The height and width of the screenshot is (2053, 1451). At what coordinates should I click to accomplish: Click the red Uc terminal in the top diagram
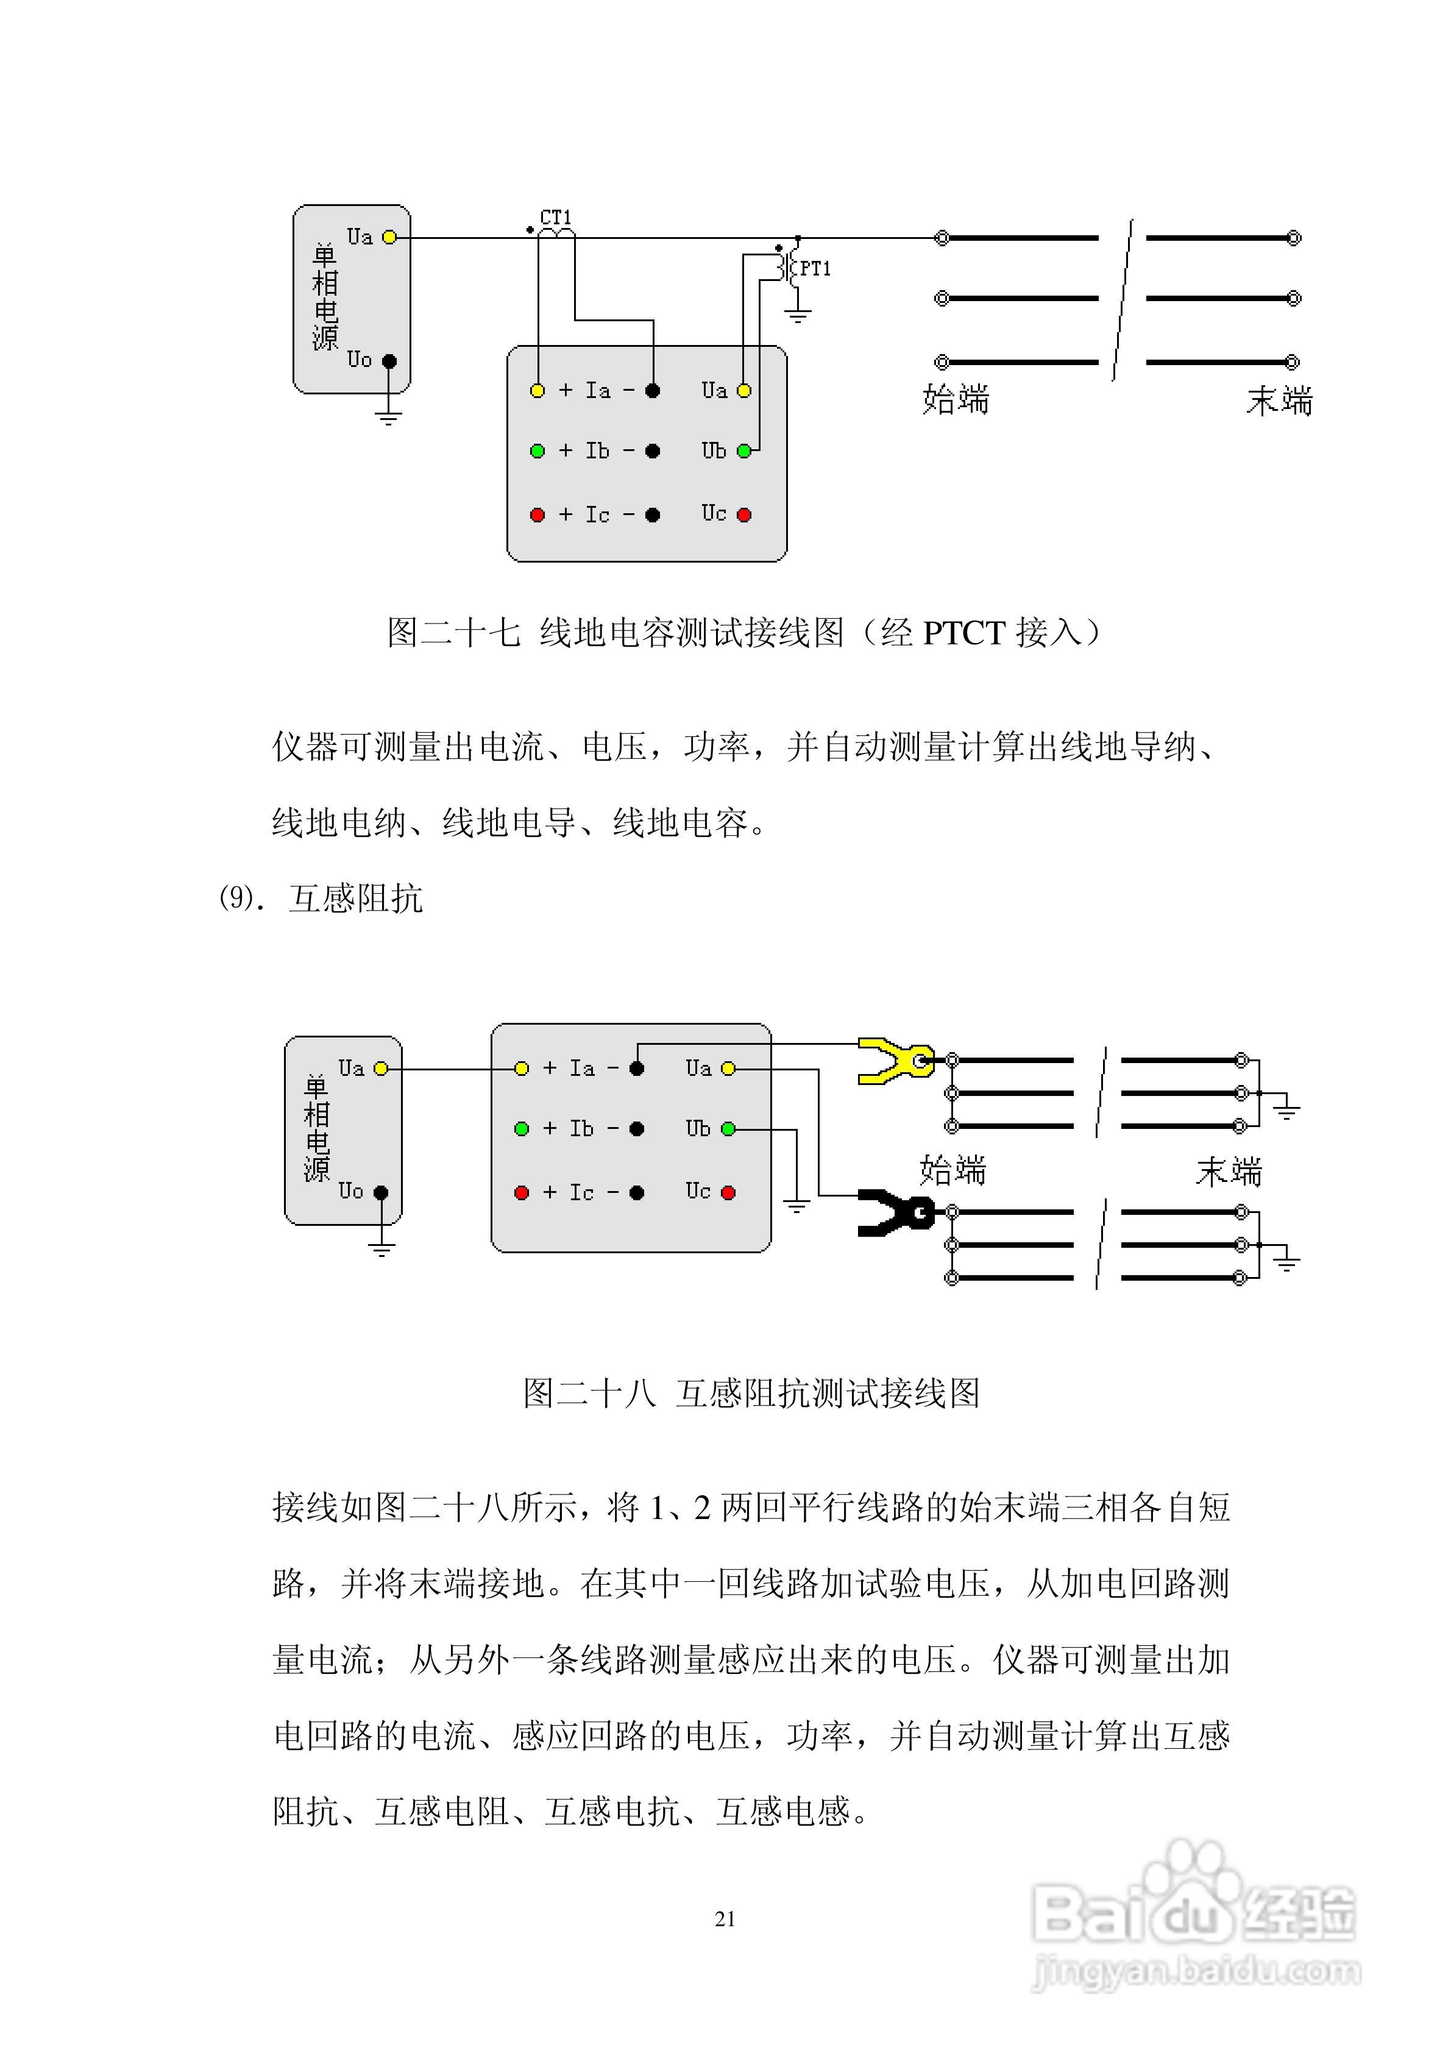(x=744, y=515)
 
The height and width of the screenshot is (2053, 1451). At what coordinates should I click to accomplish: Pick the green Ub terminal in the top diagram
(x=744, y=450)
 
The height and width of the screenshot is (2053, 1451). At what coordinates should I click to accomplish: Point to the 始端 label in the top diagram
(x=955, y=399)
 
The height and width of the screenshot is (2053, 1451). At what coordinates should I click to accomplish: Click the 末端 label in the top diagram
(x=1279, y=400)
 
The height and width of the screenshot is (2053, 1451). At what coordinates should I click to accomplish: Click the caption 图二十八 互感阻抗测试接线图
(x=751, y=1393)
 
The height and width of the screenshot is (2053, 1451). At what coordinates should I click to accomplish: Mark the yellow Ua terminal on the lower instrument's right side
(x=729, y=1069)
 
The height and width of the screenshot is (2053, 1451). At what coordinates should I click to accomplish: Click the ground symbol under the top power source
(x=388, y=416)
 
